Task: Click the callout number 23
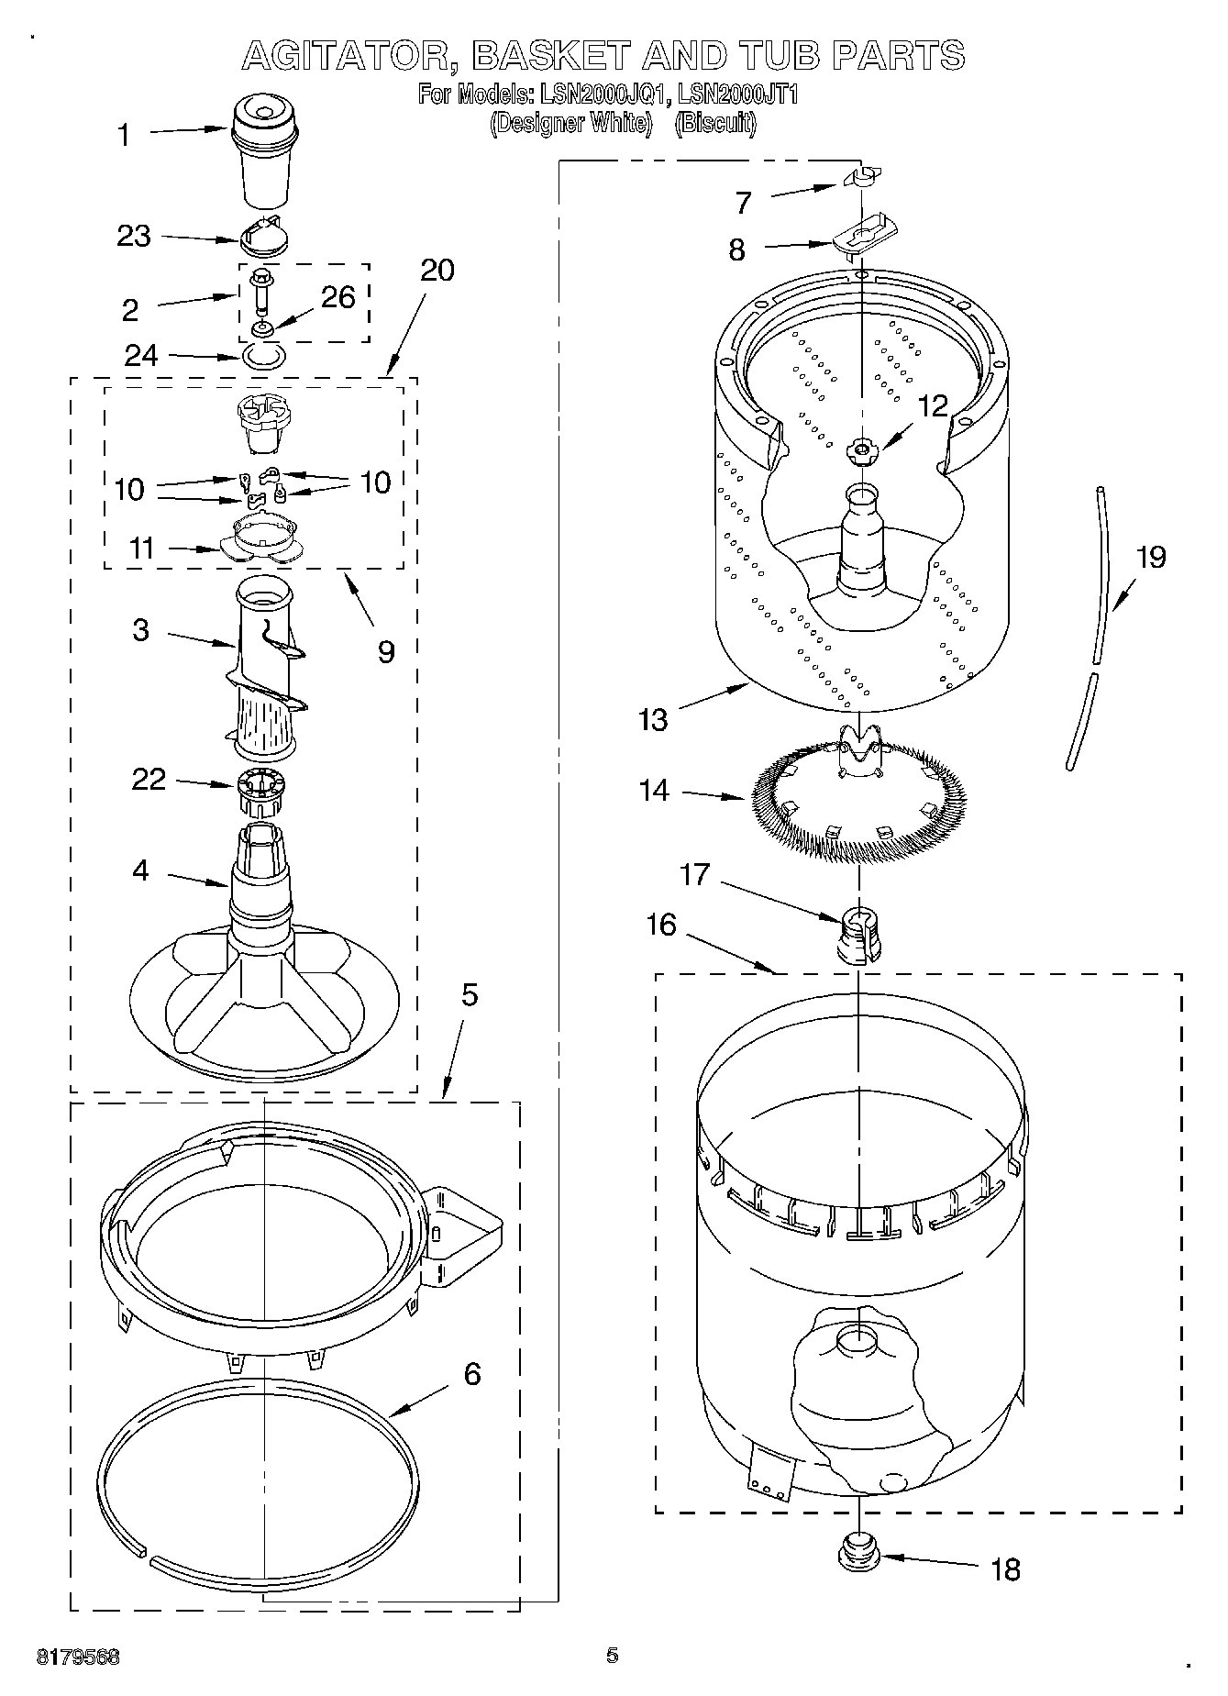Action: (x=133, y=237)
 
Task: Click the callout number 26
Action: (x=337, y=297)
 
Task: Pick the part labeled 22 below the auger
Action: (x=262, y=793)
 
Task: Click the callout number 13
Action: (x=653, y=719)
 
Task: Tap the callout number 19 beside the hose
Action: (x=1151, y=557)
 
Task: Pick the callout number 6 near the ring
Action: (x=471, y=1374)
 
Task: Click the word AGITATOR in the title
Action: (x=349, y=55)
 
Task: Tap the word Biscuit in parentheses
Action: (x=715, y=123)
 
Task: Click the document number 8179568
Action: (x=79, y=1657)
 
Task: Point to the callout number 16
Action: (x=660, y=925)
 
